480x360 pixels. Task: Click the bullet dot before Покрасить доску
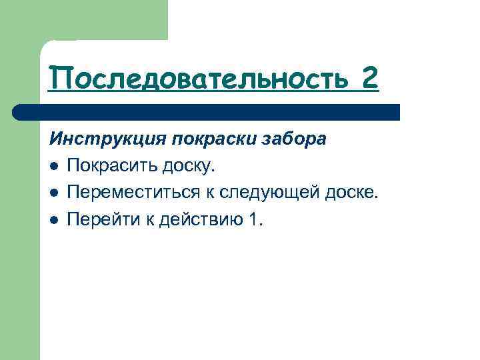(53, 166)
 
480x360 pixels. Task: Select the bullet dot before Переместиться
(53, 193)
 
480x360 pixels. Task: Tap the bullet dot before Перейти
(53, 220)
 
